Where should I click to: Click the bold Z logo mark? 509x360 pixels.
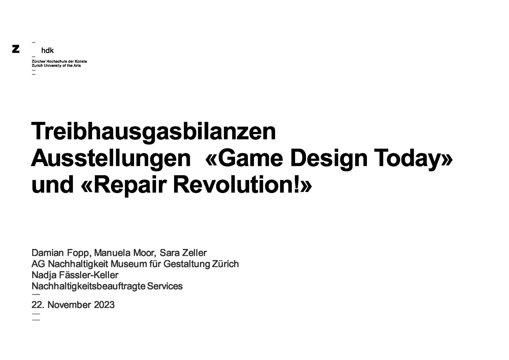point(16,49)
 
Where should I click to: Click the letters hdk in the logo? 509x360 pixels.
point(47,50)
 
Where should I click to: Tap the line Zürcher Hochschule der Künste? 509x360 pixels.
point(59,61)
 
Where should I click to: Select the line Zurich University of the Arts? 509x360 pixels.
point(56,65)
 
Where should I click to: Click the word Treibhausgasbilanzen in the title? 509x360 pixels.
point(154,132)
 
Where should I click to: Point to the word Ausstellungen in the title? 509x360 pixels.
point(111,159)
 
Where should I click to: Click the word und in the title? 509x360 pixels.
point(52,185)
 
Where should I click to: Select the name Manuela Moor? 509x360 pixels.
point(124,253)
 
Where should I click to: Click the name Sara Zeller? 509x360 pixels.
point(183,253)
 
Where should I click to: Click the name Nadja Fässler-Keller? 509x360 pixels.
point(75,275)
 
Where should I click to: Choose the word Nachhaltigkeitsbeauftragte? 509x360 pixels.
point(89,286)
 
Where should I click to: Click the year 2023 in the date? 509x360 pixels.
point(104,305)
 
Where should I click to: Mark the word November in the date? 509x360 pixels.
point(69,305)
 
